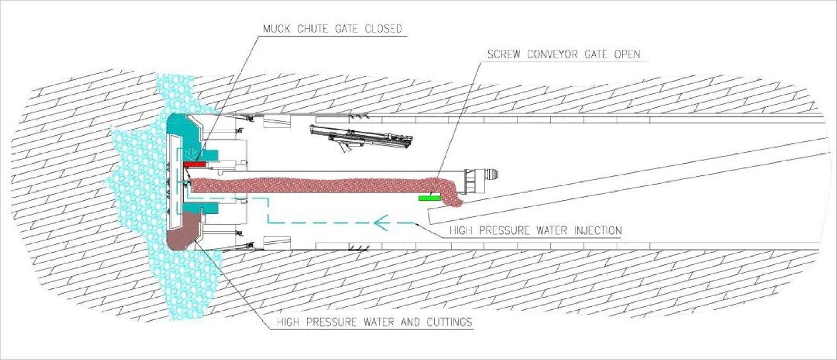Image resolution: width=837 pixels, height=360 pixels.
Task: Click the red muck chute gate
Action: (x=195, y=164)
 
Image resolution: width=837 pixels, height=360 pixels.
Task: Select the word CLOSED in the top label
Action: (x=383, y=29)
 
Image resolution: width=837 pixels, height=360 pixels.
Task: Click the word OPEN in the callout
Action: (x=627, y=54)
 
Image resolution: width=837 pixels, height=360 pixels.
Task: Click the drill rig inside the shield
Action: (x=361, y=138)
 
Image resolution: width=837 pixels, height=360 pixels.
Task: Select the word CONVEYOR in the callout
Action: (x=559, y=54)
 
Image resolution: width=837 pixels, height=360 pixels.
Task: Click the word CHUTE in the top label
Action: (x=313, y=29)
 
